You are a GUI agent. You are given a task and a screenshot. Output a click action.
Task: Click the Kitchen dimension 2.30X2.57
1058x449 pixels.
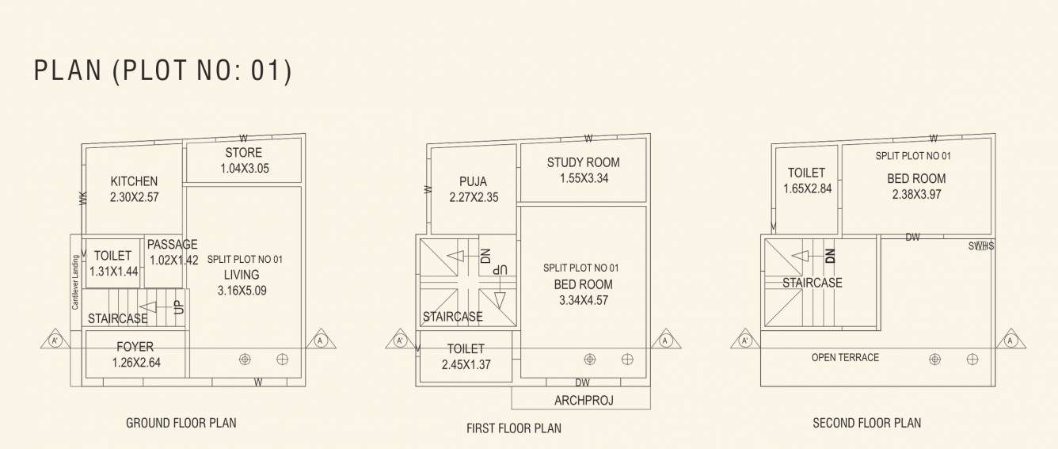click(x=134, y=197)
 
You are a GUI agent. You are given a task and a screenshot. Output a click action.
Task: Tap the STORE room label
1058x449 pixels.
click(x=243, y=152)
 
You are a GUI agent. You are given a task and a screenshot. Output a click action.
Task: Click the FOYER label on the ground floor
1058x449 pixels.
click(x=135, y=347)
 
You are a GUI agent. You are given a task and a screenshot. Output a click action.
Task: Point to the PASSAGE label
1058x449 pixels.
click(x=172, y=245)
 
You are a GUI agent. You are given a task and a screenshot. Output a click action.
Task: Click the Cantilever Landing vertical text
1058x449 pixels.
click(x=76, y=281)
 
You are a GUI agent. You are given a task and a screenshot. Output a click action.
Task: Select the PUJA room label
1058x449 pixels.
click(x=473, y=181)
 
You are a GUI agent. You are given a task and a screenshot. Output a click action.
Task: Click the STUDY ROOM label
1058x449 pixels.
click(x=583, y=162)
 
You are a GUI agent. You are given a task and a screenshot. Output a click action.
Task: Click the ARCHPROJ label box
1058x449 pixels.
click(x=583, y=401)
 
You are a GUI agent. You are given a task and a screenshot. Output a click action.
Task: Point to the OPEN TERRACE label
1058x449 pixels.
click(x=845, y=358)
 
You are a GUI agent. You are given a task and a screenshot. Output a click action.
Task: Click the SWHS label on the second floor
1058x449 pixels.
click(x=980, y=246)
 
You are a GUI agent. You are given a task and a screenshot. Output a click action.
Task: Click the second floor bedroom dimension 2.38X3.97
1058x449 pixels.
click(x=916, y=195)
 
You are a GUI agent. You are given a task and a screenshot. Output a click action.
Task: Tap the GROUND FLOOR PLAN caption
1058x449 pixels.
click(x=181, y=423)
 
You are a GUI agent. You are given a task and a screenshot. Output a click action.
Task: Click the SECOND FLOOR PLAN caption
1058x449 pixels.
click(x=866, y=423)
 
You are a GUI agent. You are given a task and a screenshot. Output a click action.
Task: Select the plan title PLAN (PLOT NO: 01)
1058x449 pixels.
click(x=163, y=71)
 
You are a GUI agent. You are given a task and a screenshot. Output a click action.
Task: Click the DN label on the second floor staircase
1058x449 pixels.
click(x=830, y=256)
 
